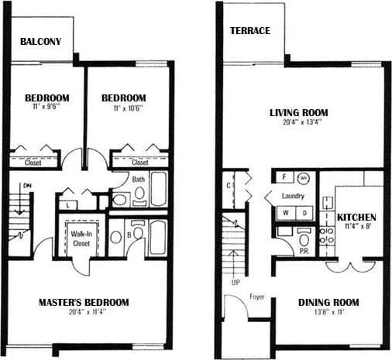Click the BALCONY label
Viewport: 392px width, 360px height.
click(40, 41)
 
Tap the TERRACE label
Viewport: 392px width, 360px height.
click(249, 31)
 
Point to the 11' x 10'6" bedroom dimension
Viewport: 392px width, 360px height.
click(124, 109)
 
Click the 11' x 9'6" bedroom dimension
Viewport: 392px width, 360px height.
click(46, 109)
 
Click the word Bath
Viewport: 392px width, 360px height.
click(138, 179)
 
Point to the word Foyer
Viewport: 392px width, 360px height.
click(257, 297)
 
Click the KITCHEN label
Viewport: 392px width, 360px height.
click(356, 217)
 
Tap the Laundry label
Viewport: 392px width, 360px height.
click(293, 196)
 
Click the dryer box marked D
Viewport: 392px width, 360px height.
click(304, 212)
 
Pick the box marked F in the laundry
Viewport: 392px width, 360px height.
click(284, 177)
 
